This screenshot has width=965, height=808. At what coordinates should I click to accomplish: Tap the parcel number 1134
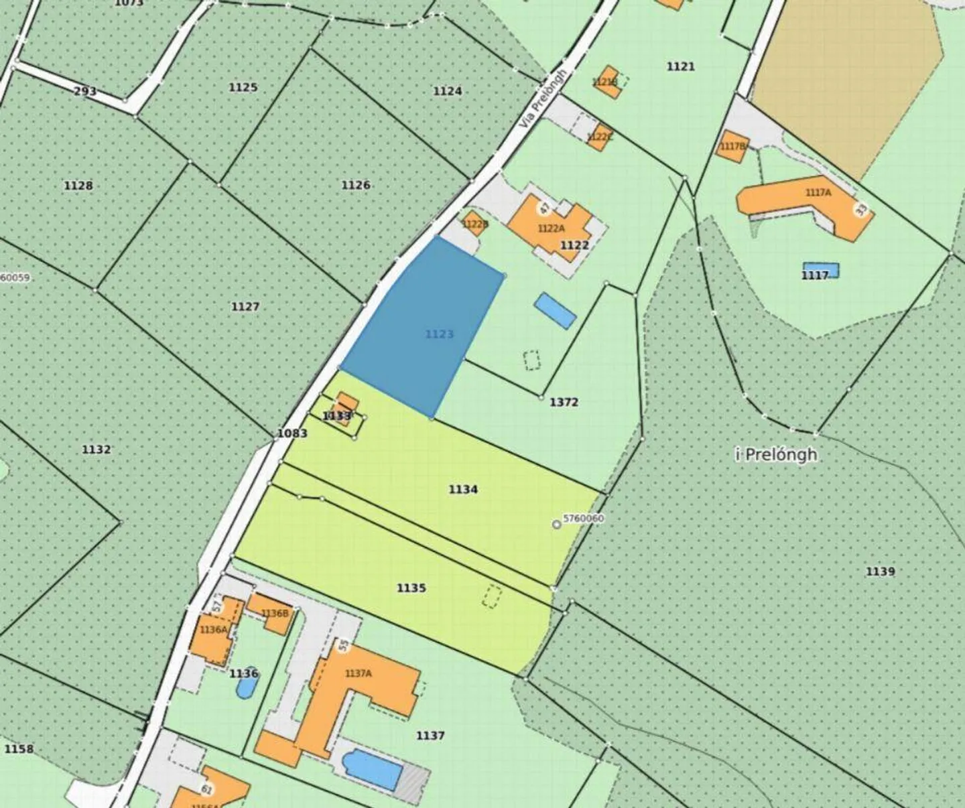coord(463,490)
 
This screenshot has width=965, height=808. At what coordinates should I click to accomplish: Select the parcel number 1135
coord(411,588)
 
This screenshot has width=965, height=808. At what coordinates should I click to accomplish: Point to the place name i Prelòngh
coord(776,455)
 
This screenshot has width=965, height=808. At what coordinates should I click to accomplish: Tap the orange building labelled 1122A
coord(550,224)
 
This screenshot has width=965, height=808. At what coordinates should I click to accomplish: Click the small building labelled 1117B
coord(732,147)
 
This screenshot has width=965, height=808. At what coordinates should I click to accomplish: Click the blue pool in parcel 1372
coord(555,311)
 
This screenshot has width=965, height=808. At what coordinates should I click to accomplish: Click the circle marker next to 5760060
coord(556,525)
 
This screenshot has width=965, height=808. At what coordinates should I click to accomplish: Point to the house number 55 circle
coord(343,646)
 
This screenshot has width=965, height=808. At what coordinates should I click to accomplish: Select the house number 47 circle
coord(544,208)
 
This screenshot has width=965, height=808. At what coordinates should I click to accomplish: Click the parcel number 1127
coord(245,307)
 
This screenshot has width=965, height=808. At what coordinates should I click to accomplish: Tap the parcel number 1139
coord(880,571)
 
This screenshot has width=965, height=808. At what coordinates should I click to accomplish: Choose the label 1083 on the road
coord(292,433)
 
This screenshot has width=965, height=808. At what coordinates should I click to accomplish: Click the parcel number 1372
coord(564,402)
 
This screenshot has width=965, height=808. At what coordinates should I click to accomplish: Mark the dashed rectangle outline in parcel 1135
coord(492,596)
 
